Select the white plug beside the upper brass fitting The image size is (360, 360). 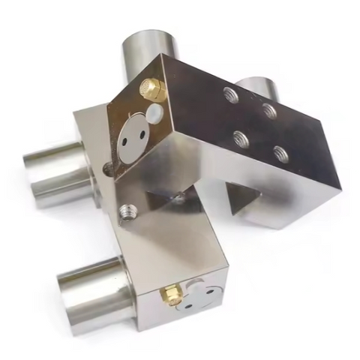pos(155,113)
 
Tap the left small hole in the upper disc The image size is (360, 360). pos(127,139)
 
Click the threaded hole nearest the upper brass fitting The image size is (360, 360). pos(229,94)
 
